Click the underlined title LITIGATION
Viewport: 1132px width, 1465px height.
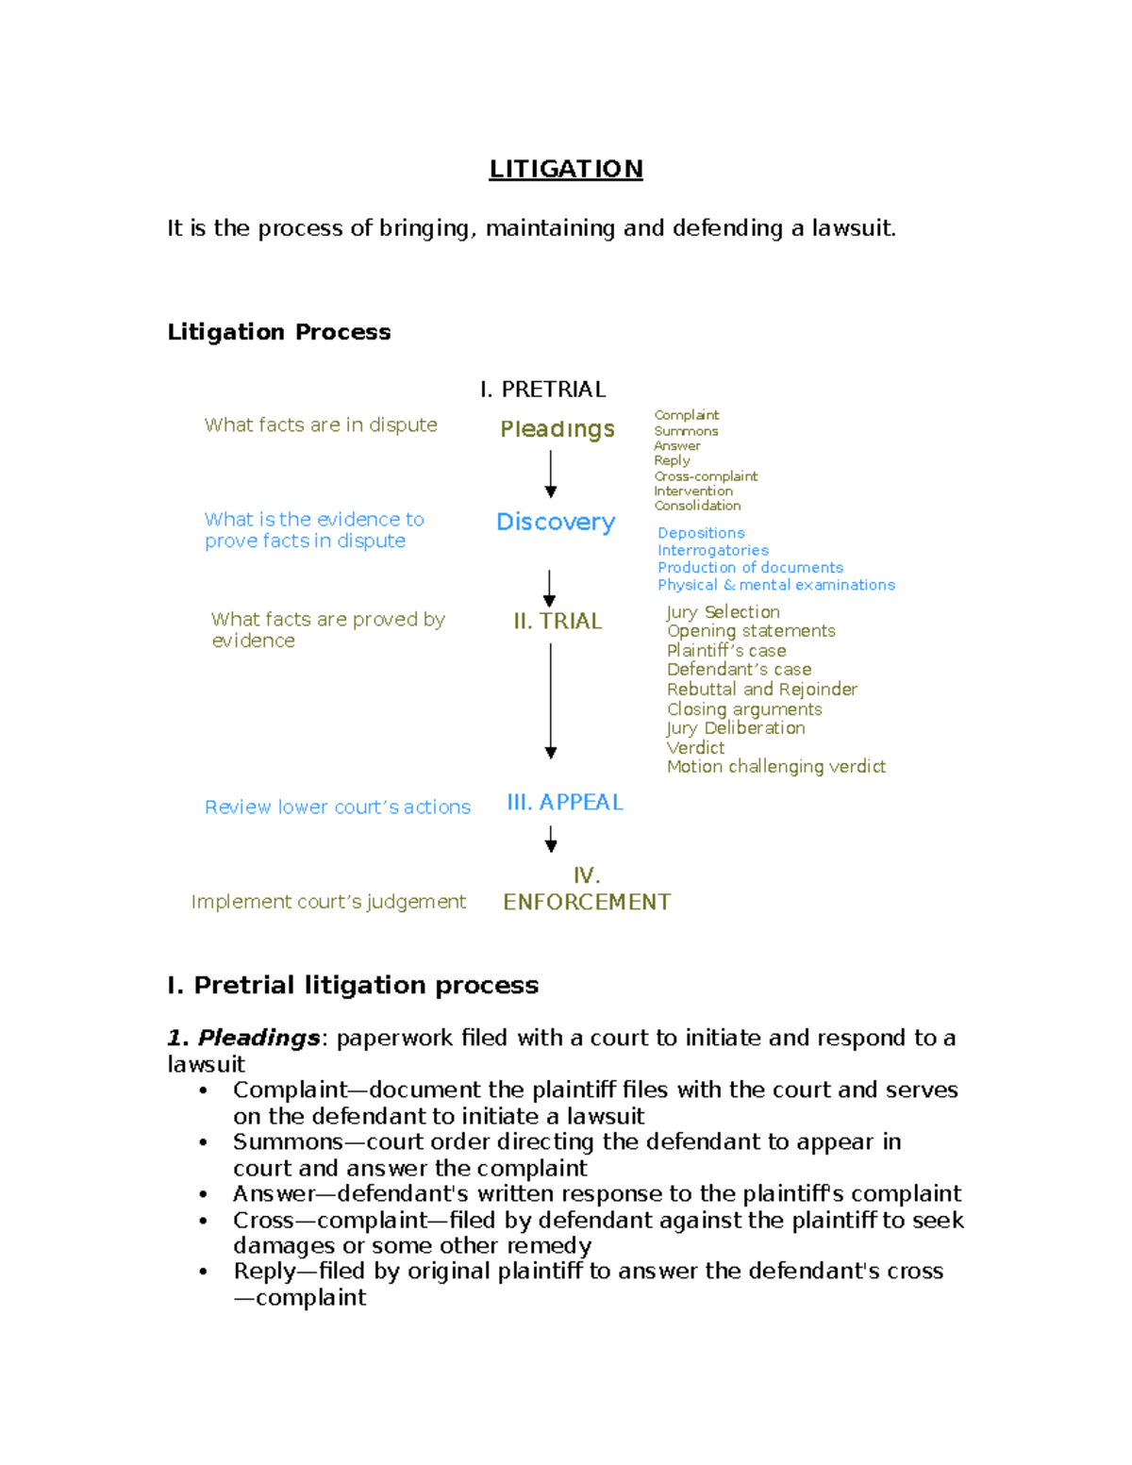pos(565,169)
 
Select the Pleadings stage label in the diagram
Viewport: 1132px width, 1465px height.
pos(557,429)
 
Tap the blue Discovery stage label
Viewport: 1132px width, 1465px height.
pos(556,522)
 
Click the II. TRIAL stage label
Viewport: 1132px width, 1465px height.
pos(558,621)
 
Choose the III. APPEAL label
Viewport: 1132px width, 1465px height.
pos(565,802)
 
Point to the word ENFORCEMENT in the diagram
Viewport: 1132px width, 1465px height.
pos(587,902)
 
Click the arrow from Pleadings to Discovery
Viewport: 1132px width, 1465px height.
pos(551,474)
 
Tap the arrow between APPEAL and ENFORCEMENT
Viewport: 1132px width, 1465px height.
pos(551,839)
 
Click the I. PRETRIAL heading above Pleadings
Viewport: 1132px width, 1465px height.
pos(542,389)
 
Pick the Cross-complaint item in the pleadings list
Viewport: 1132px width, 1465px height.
pos(706,476)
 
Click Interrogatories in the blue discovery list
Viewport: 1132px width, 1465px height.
pos(712,550)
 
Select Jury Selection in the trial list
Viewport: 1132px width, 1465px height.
pos(723,612)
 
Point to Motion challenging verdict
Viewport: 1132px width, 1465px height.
pos(775,767)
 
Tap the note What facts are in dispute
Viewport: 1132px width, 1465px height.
pos(321,425)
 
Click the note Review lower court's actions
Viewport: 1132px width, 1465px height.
pos(337,807)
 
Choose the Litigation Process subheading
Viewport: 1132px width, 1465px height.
pos(278,332)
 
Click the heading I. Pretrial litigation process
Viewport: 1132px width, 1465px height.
pos(353,985)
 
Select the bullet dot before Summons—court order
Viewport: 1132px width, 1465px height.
pos(203,1142)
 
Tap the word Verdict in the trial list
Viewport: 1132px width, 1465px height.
pos(695,747)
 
